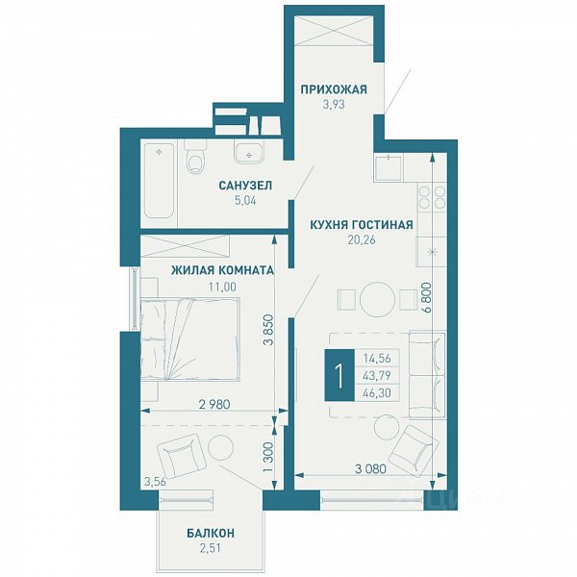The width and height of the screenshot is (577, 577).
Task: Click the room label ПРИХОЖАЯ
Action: (x=334, y=89)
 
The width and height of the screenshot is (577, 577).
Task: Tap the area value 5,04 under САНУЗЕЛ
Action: (x=245, y=201)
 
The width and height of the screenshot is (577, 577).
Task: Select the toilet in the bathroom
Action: (x=195, y=158)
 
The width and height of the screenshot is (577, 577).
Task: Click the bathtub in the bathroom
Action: (x=159, y=181)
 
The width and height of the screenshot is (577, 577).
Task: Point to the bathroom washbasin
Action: (x=249, y=153)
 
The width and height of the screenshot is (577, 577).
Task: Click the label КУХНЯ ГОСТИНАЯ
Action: (x=362, y=224)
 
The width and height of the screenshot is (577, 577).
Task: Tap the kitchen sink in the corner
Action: (x=389, y=167)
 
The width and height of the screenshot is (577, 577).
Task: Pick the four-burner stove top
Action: (x=431, y=197)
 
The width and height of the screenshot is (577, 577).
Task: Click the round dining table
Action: (x=378, y=299)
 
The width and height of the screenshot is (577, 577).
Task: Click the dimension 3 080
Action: (x=371, y=469)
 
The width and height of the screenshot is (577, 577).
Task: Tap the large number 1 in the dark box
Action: (x=339, y=376)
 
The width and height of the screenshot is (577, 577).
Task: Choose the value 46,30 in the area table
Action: (x=377, y=393)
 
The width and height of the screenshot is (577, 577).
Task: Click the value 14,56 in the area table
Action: (x=377, y=358)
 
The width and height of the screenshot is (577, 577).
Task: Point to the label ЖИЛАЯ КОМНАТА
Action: (x=223, y=270)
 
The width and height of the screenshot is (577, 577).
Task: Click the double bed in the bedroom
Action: (x=190, y=339)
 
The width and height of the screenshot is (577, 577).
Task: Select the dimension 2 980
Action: (x=214, y=405)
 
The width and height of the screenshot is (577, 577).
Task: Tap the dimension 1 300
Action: (x=269, y=458)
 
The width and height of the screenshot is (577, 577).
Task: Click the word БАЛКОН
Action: (x=211, y=533)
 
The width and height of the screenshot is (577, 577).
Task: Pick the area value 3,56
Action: (x=155, y=483)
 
